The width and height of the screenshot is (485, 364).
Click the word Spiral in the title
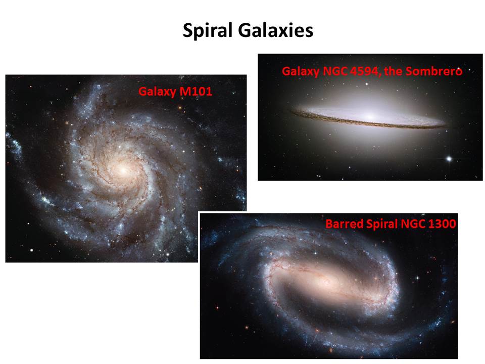pyautogui.click(x=207, y=31)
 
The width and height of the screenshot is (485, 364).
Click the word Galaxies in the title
pyautogui.click(x=276, y=31)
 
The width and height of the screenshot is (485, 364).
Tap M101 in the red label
pyautogui.click(x=196, y=92)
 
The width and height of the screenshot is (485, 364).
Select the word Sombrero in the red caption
pyautogui.click(x=434, y=71)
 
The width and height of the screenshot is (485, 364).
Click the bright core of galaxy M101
pyautogui.click(x=123, y=170)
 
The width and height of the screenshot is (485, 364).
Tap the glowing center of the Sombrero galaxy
pyautogui.click(x=370, y=117)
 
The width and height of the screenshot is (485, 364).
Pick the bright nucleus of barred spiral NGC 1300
pyautogui.click(x=327, y=282)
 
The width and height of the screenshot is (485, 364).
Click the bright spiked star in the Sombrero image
pyautogui.click(x=449, y=159)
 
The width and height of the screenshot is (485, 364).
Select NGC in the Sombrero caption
pyautogui.click(x=335, y=71)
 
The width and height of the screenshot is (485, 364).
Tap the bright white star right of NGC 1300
pyautogui.click(x=417, y=278)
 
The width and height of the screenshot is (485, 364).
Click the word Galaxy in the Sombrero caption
pyautogui.click(x=301, y=72)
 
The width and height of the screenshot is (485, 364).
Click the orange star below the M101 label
pyautogui.click(x=180, y=108)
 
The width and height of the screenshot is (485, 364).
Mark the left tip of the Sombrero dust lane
pyautogui.click(x=292, y=111)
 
